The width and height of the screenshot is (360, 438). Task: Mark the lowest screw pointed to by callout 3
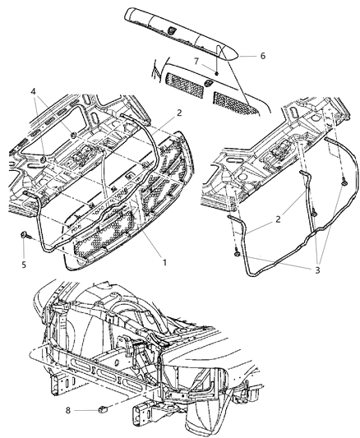click(x=237, y=252)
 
